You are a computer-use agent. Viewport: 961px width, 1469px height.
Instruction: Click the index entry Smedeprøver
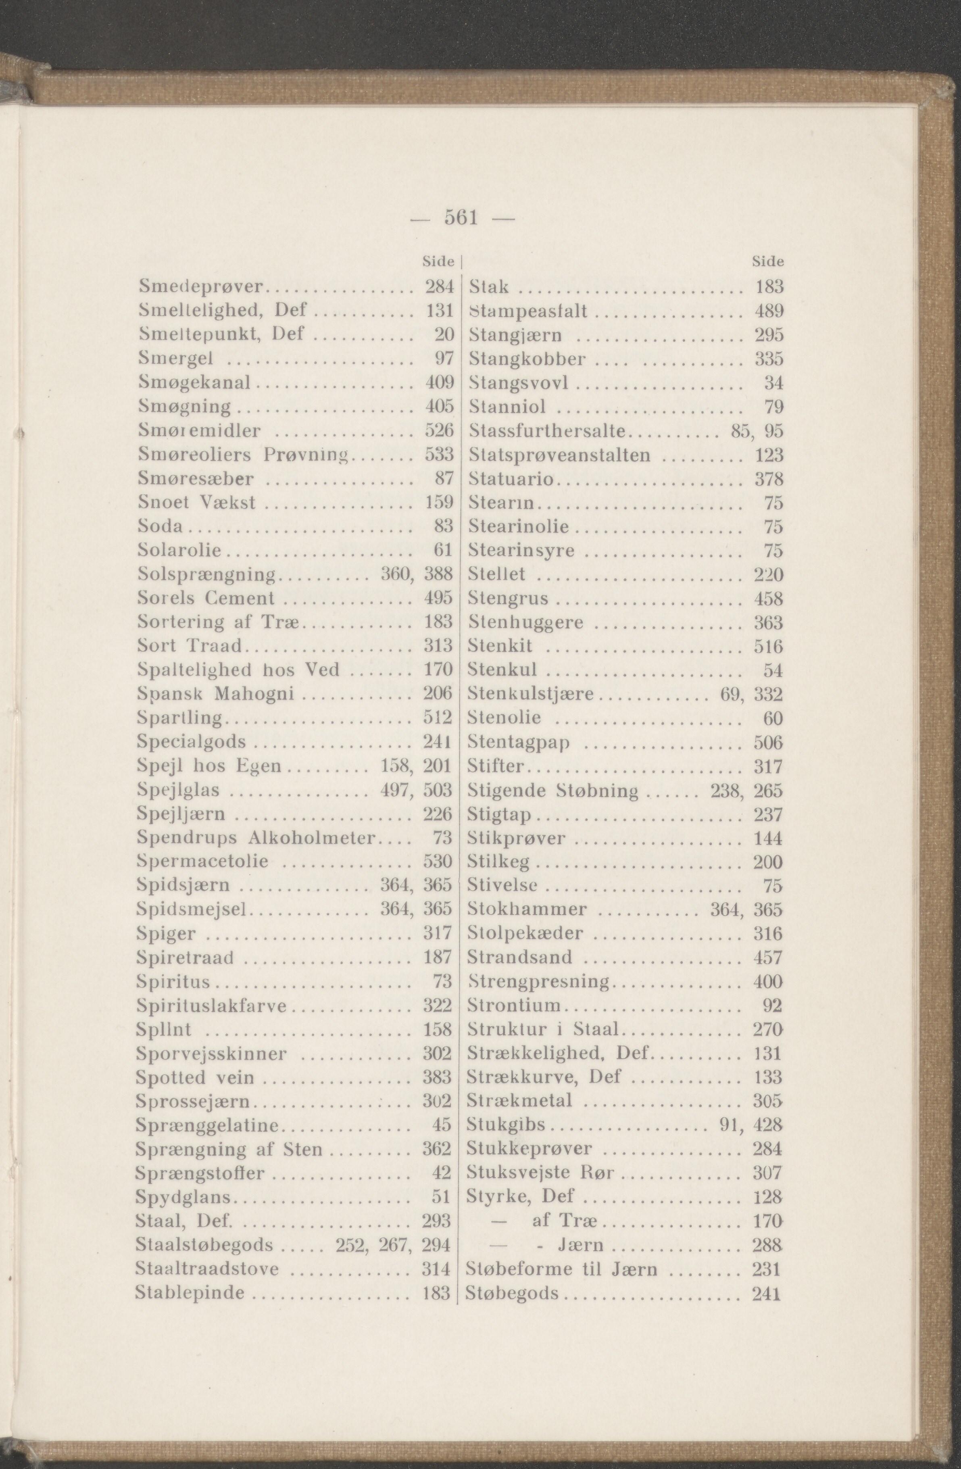[x=202, y=287]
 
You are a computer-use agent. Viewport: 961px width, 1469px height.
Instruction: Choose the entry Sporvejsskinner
[x=212, y=1054]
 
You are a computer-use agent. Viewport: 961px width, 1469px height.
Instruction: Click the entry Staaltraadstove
[x=207, y=1269]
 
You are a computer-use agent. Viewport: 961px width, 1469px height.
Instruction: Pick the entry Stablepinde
[x=190, y=1293]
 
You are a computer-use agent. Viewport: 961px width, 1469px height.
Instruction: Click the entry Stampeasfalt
[x=528, y=311]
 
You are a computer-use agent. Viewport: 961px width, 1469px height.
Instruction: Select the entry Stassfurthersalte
[x=548, y=431]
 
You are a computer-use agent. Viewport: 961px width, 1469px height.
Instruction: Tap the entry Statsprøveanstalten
[x=560, y=455]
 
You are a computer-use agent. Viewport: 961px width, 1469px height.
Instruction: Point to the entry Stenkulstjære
[x=531, y=695]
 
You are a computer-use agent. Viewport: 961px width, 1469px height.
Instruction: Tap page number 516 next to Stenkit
[x=768, y=646]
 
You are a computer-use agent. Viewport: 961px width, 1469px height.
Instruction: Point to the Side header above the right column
[x=768, y=262]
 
